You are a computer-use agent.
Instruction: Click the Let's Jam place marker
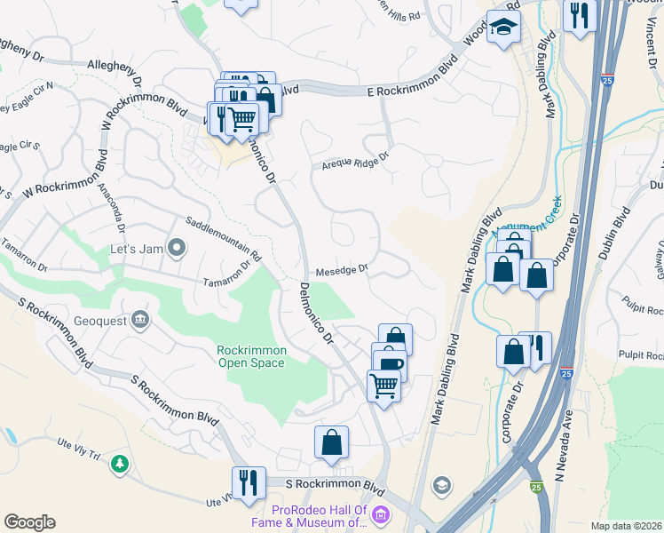pos(177,248)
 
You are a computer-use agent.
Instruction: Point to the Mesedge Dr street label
pos(341,272)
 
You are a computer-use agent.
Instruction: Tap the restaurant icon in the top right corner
pos(579,15)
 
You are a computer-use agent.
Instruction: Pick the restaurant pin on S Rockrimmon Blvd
pos(249,481)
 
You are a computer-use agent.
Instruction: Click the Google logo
pos(29,522)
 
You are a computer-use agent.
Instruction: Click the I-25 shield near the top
pos(607,81)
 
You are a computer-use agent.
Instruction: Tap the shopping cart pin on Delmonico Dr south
pos(383,385)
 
